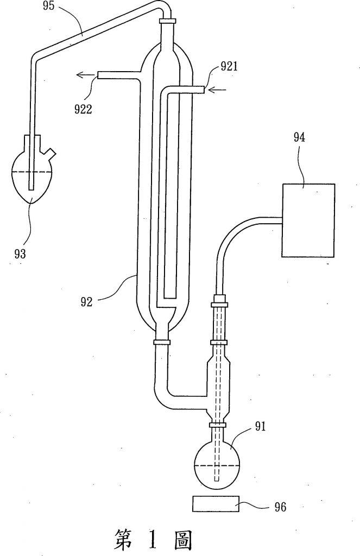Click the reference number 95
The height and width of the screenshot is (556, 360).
48,6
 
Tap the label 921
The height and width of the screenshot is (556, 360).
229,67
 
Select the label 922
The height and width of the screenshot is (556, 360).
83,109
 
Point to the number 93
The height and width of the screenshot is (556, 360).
20,254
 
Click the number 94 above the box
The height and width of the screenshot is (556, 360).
299,137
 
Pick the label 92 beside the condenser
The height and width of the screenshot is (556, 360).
86,301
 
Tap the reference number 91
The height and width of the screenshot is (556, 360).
260,427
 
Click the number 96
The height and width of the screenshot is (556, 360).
280,507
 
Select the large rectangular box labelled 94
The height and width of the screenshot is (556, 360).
308,220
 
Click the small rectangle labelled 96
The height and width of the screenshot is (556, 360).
215,504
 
